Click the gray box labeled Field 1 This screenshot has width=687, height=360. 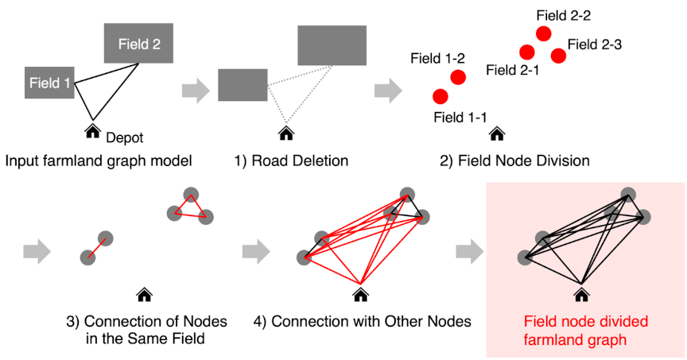tap(49, 82)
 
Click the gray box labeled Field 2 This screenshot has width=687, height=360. tap(139, 44)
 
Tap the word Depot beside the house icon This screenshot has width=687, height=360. tap(124, 137)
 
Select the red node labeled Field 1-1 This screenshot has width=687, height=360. tap(440, 96)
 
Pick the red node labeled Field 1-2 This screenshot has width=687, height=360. tap(458, 77)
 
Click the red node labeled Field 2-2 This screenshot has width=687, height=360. tap(544, 33)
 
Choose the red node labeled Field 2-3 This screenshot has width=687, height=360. tap(559, 55)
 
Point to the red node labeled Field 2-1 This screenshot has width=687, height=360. tap(526, 52)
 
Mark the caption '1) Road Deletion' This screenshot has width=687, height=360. tap(291, 161)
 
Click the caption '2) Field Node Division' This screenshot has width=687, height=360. tap(514, 161)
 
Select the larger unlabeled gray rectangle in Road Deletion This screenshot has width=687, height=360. tap(332, 45)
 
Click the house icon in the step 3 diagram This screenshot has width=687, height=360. tap(144, 295)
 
